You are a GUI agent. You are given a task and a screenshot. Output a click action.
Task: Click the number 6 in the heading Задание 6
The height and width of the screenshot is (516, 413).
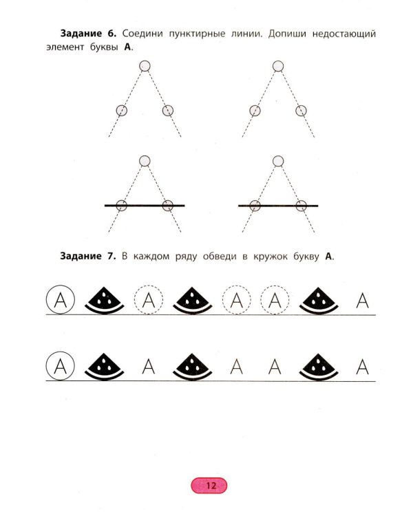(111, 34)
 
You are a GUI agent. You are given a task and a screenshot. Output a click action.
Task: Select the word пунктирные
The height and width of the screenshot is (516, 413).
(197, 34)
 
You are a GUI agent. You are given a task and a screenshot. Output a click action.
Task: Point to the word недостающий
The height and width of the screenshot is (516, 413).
(344, 34)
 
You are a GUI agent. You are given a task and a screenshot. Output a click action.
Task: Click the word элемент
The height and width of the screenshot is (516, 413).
(65, 47)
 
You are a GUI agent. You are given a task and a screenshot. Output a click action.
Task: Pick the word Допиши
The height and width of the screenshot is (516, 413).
(287, 34)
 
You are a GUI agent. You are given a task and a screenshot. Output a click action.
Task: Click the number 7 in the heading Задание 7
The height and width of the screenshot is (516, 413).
(111, 256)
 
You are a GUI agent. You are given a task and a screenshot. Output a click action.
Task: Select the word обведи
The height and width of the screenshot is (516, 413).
(220, 257)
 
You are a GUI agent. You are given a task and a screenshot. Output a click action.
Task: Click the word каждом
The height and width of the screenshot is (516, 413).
(150, 257)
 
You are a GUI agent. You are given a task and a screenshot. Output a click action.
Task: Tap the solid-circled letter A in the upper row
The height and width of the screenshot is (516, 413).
(61, 299)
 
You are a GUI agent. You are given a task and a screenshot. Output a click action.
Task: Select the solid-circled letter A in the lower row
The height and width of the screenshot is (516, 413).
(61, 366)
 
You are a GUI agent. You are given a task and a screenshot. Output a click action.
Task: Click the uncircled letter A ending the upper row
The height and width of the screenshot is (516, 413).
(362, 300)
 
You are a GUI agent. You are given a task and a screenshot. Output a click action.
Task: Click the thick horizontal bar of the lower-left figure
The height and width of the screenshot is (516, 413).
(145, 206)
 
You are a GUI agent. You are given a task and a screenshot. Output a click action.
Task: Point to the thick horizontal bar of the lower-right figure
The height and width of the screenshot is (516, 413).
(278, 206)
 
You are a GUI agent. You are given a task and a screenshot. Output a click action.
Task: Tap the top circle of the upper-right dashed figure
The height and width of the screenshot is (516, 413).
(278, 66)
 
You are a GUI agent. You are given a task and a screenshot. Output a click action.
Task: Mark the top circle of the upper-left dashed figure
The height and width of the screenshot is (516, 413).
(145, 66)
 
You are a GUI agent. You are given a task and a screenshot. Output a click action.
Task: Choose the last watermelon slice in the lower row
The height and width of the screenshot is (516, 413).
(319, 366)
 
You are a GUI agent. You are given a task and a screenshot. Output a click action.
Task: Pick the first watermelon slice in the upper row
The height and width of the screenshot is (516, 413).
(105, 300)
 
